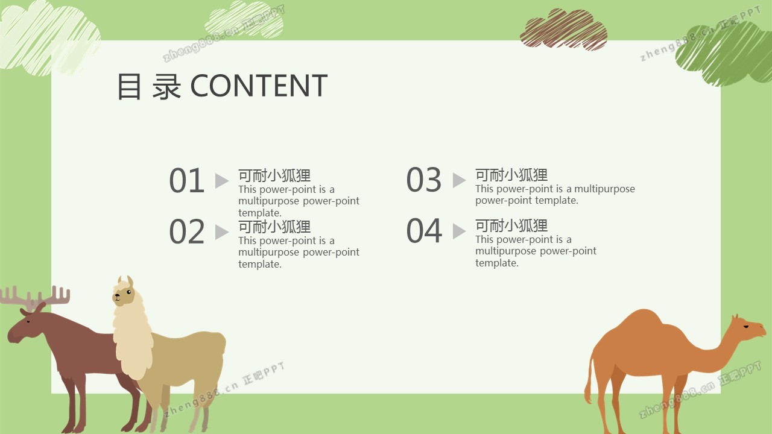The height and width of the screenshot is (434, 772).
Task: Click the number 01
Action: [187, 180]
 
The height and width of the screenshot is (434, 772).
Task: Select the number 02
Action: [187, 231]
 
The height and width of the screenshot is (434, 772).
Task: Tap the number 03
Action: [424, 180]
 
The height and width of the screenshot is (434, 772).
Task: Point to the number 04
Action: [424, 230]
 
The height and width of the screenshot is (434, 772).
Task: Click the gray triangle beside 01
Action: [222, 181]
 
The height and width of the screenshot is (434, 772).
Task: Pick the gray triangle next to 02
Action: [222, 232]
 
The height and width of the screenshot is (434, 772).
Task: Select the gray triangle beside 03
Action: [459, 180]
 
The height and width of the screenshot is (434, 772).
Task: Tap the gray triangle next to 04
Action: [459, 231]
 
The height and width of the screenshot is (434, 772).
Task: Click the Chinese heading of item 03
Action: [511, 175]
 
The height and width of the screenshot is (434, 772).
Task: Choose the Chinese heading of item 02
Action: [274, 227]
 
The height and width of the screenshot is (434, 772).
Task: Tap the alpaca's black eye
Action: [129, 292]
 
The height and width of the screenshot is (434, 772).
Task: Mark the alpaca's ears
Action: [125, 281]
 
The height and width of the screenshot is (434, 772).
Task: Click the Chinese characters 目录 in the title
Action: [149, 86]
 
